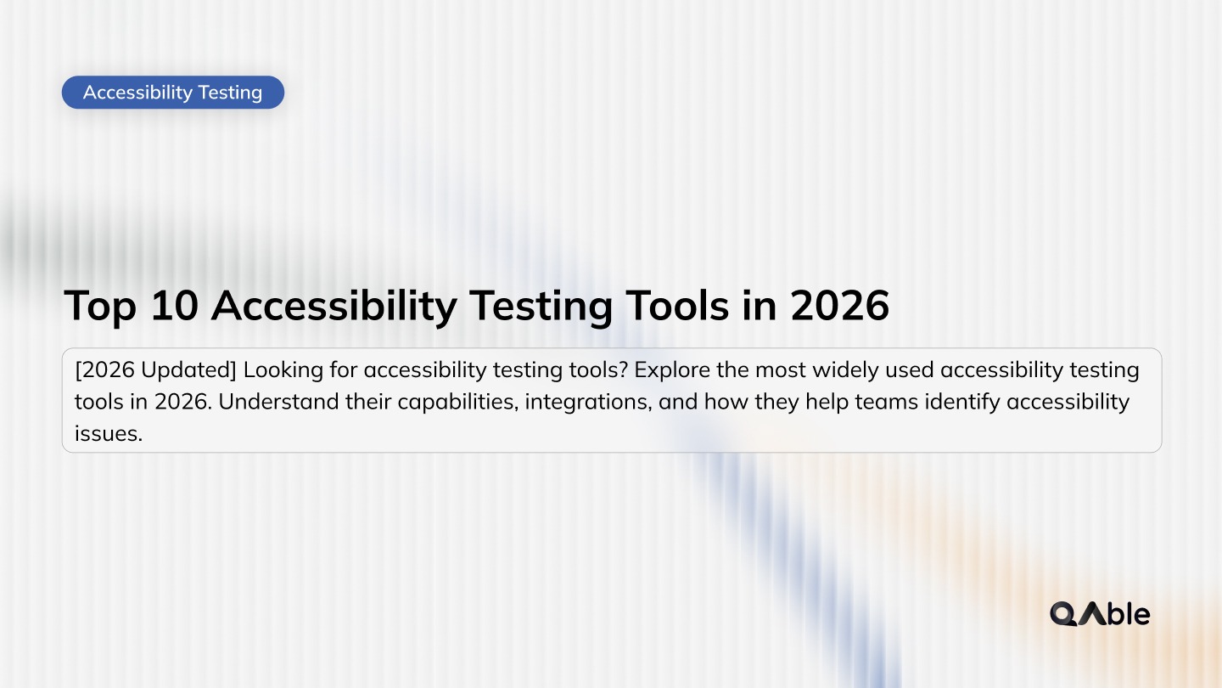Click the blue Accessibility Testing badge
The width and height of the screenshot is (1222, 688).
(173, 93)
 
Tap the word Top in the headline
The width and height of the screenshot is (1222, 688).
(100, 306)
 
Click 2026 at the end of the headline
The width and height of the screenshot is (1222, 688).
(839, 306)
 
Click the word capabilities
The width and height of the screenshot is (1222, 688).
(445, 402)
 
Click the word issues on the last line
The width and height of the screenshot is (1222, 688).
(108, 432)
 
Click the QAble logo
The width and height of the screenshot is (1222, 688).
(1100, 613)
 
